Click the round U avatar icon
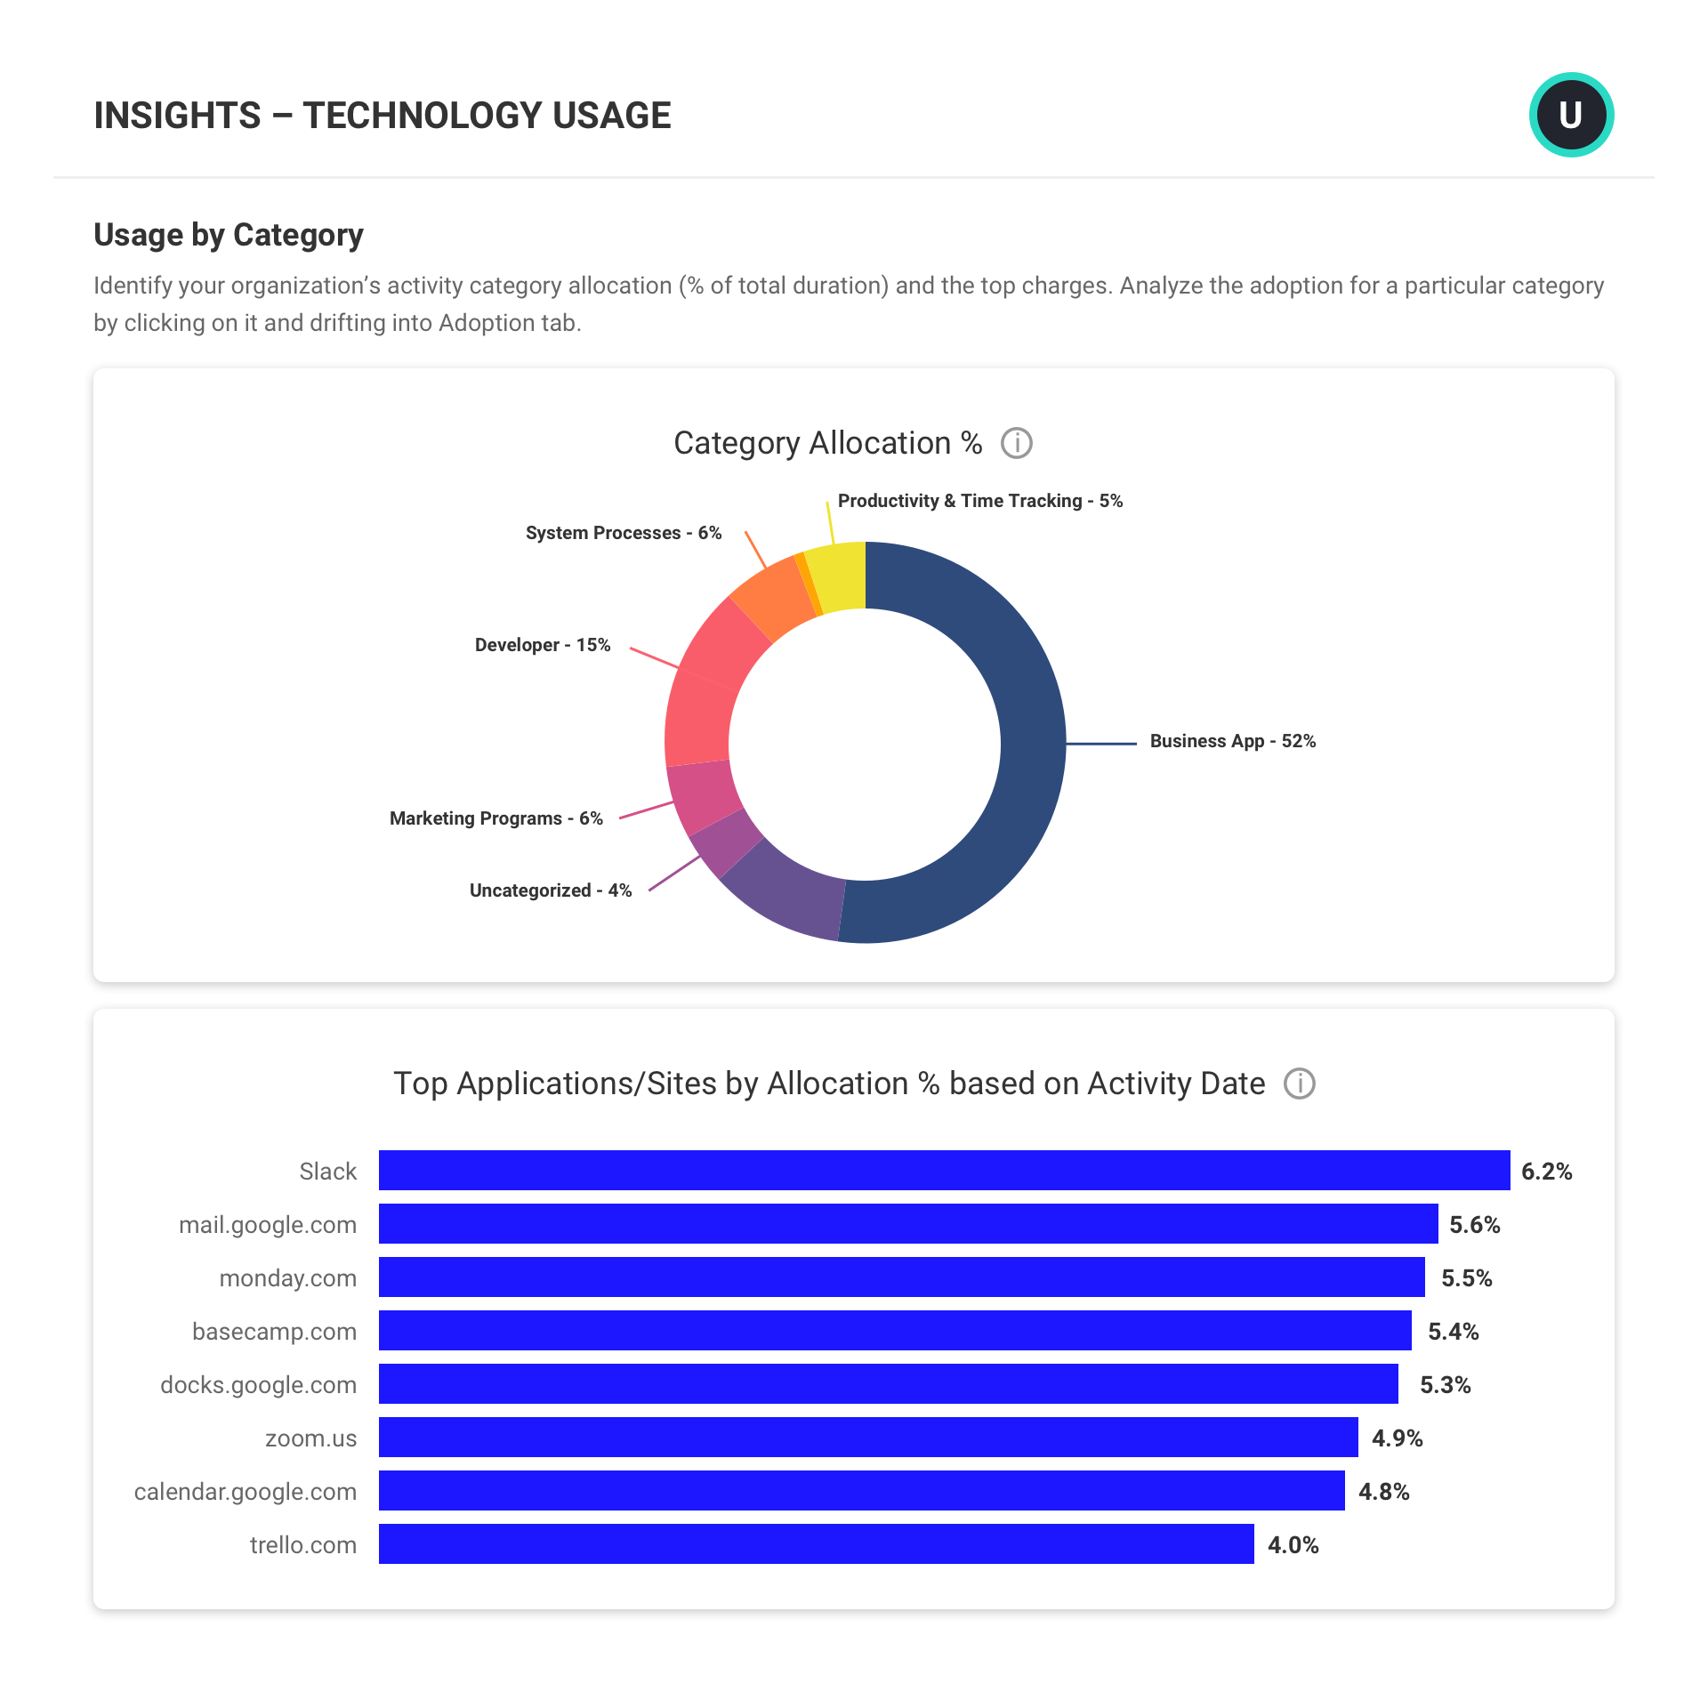(1571, 115)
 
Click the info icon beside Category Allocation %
(1016, 443)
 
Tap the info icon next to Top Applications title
(1299, 1084)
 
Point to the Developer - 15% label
(542, 645)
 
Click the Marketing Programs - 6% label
(495, 818)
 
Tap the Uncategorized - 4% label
(550, 890)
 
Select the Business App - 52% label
(1232, 741)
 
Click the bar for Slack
(943, 1170)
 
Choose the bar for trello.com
(816, 1543)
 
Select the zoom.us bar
(867, 1437)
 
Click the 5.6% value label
(1474, 1225)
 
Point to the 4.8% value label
(1383, 1492)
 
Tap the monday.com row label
(287, 1278)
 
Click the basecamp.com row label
(274, 1332)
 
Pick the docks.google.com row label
(258, 1385)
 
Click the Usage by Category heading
(229, 235)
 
